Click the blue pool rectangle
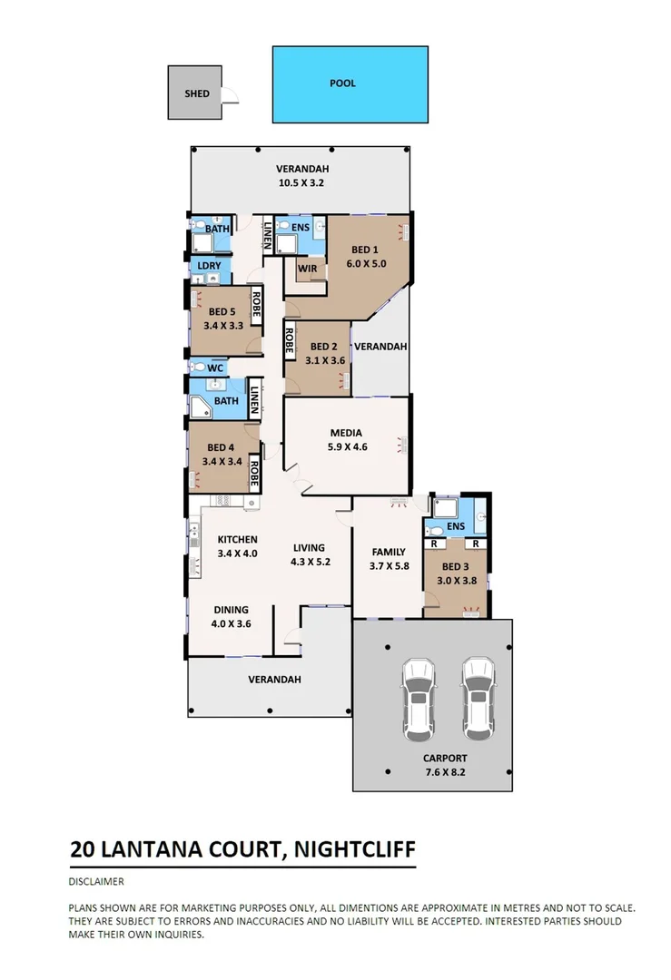click(x=350, y=84)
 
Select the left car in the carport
click(x=419, y=697)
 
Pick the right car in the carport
click(x=478, y=697)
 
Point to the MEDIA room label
click(x=347, y=433)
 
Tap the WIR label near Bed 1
click(x=306, y=269)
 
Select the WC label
click(x=215, y=368)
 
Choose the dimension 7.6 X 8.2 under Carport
click(x=445, y=772)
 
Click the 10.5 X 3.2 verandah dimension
click(x=301, y=182)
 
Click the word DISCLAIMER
click(x=96, y=881)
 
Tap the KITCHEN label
click(x=238, y=540)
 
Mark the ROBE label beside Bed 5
click(x=257, y=309)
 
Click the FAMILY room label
click(x=389, y=552)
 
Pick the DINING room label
click(x=231, y=610)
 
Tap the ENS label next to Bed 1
click(x=301, y=227)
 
